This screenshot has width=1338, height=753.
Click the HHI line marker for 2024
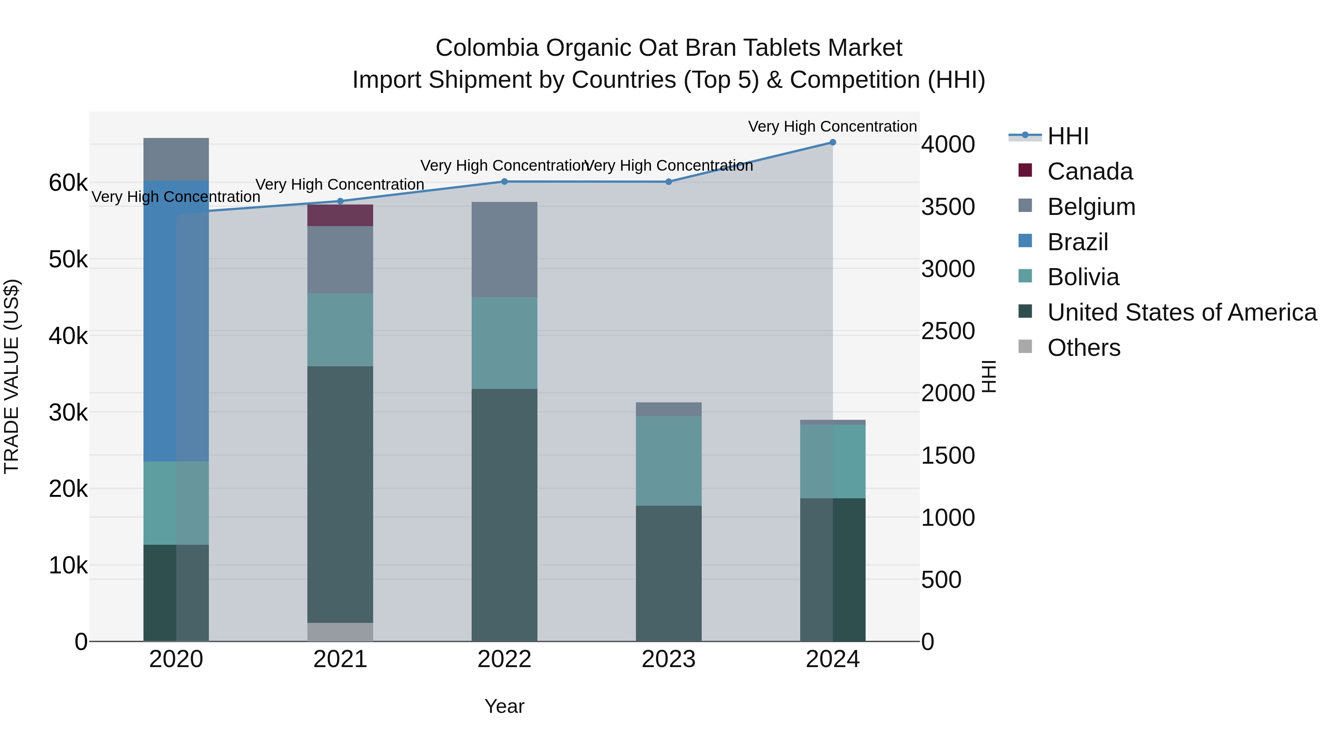pyautogui.click(x=833, y=142)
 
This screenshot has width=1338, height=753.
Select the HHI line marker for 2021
pyautogui.click(x=340, y=201)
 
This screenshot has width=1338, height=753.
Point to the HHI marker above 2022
pyautogui.click(x=504, y=181)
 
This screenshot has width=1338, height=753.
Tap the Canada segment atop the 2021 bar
pyautogui.click(x=340, y=215)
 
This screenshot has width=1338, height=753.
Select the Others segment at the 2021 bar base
pyautogui.click(x=340, y=631)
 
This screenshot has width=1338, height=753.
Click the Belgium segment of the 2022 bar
pyautogui.click(x=504, y=250)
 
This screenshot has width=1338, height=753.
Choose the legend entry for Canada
pyautogui.click(x=1089, y=171)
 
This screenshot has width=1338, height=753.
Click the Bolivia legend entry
pyautogui.click(x=1083, y=277)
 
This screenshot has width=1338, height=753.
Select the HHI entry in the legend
pyautogui.click(x=1067, y=136)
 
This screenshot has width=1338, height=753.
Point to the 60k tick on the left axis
pyautogui.click(x=68, y=183)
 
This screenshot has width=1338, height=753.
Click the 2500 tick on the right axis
pyautogui.click(x=948, y=331)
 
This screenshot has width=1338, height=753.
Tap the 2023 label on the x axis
pyautogui.click(x=669, y=659)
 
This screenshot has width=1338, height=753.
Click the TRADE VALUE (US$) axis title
pyautogui.click(x=12, y=376)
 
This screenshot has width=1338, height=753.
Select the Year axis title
pyautogui.click(x=504, y=706)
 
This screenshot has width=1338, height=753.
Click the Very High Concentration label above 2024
pyautogui.click(x=832, y=126)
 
